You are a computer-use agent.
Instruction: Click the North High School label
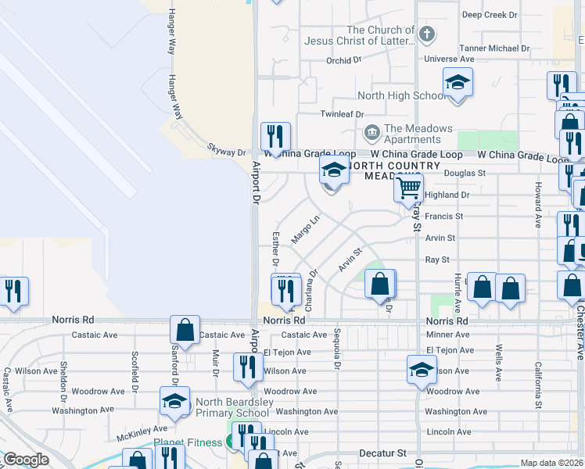(x=402, y=96)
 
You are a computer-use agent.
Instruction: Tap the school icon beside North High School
(x=458, y=83)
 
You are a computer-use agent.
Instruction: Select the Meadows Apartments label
(x=418, y=134)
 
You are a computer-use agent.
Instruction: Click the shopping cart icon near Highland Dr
(x=408, y=188)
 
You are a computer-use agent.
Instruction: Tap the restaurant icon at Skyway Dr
(x=275, y=138)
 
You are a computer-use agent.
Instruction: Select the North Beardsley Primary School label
(x=232, y=406)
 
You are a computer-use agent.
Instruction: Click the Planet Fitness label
(x=188, y=442)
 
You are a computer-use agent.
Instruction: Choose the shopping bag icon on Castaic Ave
(x=185, y=331)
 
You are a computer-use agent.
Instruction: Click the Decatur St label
(x=383, y=453)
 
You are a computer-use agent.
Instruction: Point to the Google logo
(x=26, y=460)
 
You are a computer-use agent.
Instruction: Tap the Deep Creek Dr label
(x=490, y=15)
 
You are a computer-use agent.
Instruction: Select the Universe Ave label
(x=449, y=59)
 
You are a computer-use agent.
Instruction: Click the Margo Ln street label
(x=307, y=229)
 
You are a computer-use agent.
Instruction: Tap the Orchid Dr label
(x=344, y=59)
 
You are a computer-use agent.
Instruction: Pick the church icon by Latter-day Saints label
(x=425, y=34)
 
